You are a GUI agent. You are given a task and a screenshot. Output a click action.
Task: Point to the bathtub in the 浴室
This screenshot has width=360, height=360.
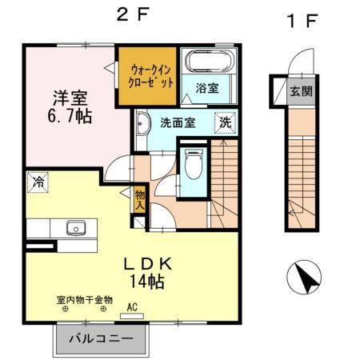[x=206, y=62]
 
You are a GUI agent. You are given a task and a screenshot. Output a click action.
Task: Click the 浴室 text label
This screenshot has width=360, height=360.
[x=207, y=87]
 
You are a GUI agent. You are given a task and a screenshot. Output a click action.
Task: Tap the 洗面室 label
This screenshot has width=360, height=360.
[x=177, y=123]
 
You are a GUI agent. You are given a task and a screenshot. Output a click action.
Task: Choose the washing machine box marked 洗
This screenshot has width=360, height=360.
[x=226, y=123]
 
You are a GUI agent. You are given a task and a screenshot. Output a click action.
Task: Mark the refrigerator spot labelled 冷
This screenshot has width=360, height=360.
[x=36, y=182]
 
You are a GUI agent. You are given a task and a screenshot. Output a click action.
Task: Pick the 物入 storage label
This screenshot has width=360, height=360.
[x=140, y=200]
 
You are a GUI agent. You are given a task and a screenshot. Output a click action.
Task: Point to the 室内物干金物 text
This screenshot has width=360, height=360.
[x=84, y=300]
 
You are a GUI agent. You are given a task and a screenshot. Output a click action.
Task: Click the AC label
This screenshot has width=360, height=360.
[x=131, y=304]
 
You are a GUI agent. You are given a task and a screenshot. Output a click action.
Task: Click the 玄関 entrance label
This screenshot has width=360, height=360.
[x=302, y=90]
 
